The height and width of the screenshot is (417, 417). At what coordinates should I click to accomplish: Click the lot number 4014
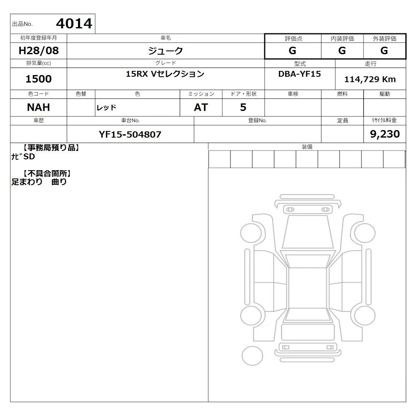coord(74,23)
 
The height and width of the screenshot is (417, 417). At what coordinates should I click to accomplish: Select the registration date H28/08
coord(38,50)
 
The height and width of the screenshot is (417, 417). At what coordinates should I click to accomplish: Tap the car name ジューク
coord(166,50)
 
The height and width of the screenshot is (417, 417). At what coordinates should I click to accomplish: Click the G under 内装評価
coord(342,50)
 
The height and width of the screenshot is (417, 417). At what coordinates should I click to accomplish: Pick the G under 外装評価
coord(384,50)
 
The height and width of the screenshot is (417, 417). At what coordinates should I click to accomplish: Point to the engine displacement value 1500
coord(38,79)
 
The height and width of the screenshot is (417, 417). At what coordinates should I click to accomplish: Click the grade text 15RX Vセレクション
coord(165,74)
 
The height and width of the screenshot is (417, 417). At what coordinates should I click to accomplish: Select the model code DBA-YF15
coord(300,74)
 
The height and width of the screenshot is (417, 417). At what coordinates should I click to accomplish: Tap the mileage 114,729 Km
coord(370,79)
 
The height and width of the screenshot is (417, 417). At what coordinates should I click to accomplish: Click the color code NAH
coord(38,108)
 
